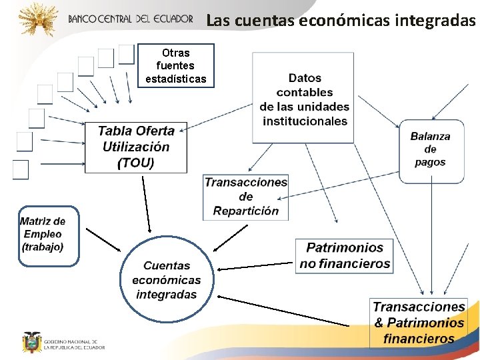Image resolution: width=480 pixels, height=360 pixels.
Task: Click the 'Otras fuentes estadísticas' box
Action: [176, 66]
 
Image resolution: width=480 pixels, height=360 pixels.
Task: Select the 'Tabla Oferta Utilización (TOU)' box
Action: [136, 147]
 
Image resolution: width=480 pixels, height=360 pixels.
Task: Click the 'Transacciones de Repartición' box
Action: [245, 197]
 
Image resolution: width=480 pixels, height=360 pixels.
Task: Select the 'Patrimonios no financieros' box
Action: [344, 256]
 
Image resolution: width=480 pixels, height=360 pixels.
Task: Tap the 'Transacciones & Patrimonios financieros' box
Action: [418, 323]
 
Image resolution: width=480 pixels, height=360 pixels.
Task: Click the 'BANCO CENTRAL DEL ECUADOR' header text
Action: [130, 19]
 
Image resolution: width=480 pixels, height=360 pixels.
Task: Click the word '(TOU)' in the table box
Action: [135, 163]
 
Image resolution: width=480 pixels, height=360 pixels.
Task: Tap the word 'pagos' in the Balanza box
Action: [430, 163]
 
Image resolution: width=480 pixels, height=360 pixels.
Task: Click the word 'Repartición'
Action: [246, 211]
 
